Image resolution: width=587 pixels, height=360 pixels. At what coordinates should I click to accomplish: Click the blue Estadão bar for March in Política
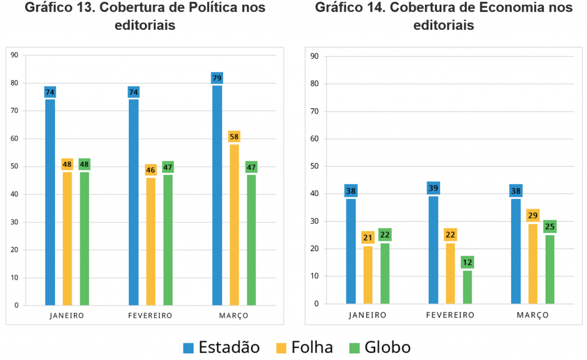217,195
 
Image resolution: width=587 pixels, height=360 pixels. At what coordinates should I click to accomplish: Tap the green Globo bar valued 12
467,287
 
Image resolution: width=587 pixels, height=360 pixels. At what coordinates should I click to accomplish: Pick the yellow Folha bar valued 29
533,264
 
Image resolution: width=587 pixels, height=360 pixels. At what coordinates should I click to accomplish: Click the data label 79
217,78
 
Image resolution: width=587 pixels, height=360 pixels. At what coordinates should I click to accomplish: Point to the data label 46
151,170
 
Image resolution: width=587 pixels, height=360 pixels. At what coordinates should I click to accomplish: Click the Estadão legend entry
221,347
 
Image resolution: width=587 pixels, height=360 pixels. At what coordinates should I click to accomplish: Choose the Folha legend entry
304,347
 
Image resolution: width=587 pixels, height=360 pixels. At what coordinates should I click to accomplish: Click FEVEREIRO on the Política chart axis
150,316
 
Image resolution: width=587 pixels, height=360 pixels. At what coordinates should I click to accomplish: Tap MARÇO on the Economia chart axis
533,315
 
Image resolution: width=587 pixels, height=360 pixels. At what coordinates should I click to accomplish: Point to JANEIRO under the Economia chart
367,315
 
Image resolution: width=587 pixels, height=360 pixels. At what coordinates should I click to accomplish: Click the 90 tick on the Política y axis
14,55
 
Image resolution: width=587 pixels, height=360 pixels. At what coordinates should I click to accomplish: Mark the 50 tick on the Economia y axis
314,166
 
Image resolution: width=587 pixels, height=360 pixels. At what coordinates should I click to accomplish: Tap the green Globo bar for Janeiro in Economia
385,273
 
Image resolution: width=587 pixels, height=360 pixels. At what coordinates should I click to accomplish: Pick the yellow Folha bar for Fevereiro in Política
151,241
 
